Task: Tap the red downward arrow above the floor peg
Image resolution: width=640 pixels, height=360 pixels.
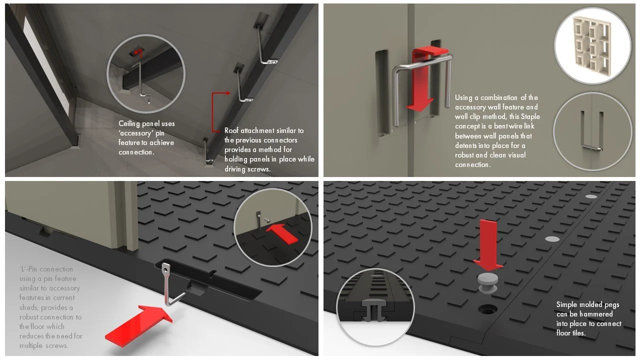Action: point(488,245)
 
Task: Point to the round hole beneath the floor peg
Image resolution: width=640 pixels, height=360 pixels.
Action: point(487,309)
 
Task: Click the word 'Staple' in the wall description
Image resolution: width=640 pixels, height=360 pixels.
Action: point(530,116)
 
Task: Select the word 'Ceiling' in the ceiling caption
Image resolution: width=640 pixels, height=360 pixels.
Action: point(129,123)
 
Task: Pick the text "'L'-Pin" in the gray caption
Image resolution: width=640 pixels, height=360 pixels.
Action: point(28,269)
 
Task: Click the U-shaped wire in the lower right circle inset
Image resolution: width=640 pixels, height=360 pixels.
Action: point(591,131)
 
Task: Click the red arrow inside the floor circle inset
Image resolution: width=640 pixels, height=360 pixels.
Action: point(282,233)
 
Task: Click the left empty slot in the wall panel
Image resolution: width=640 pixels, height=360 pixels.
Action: point(382,94)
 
